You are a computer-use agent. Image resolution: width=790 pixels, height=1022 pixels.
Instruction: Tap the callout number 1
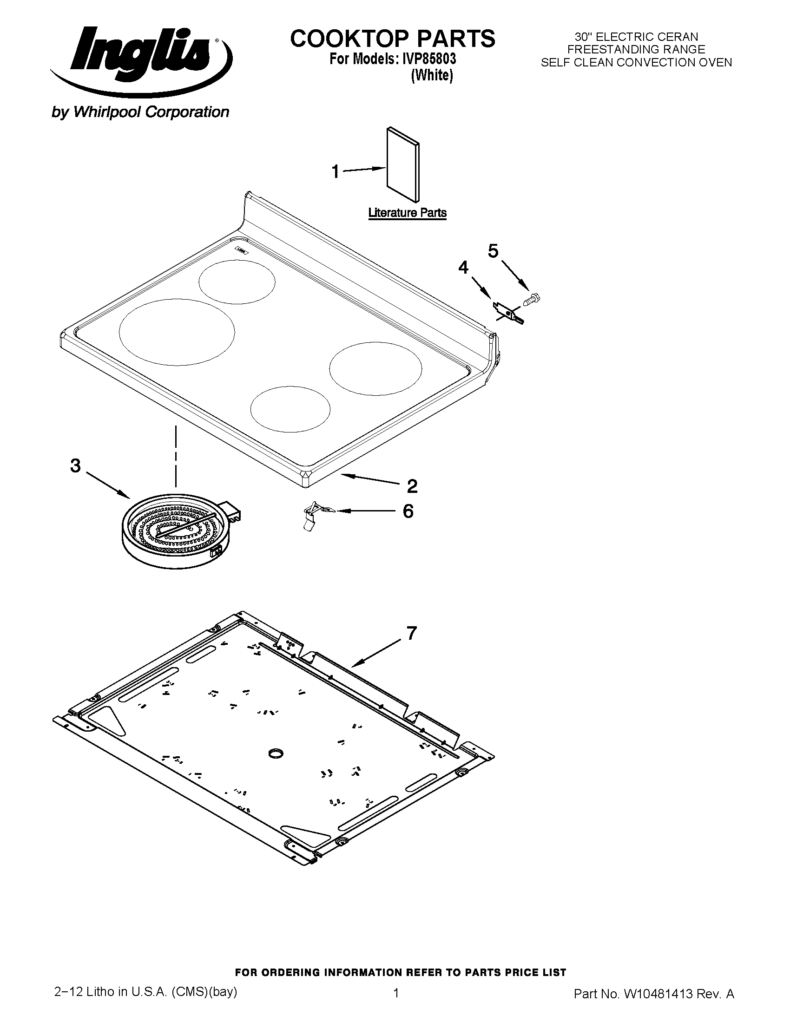[x=335, y=172]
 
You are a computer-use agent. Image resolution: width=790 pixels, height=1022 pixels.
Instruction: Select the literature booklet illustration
[x=403, y=164]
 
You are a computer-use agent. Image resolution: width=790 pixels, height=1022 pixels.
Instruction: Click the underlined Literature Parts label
[x=407, y=213]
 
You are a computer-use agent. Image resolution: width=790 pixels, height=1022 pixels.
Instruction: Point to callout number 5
[x=493, y=251]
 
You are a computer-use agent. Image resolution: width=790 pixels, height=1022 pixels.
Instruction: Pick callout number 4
[x=463, y=268]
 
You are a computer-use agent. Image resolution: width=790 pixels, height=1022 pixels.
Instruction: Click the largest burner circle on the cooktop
[x=177, y=332]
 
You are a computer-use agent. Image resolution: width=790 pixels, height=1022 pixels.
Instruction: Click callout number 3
[x=75, y=466]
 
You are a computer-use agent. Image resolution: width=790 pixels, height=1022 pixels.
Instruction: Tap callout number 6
[x=408, y=511]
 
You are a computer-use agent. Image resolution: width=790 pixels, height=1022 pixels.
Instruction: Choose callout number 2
[x=412, y=487]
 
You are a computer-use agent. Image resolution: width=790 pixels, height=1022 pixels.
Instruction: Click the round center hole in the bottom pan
[x=276, y=753]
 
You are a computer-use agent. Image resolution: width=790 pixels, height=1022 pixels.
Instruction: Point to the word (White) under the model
[x=432, y=75]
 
